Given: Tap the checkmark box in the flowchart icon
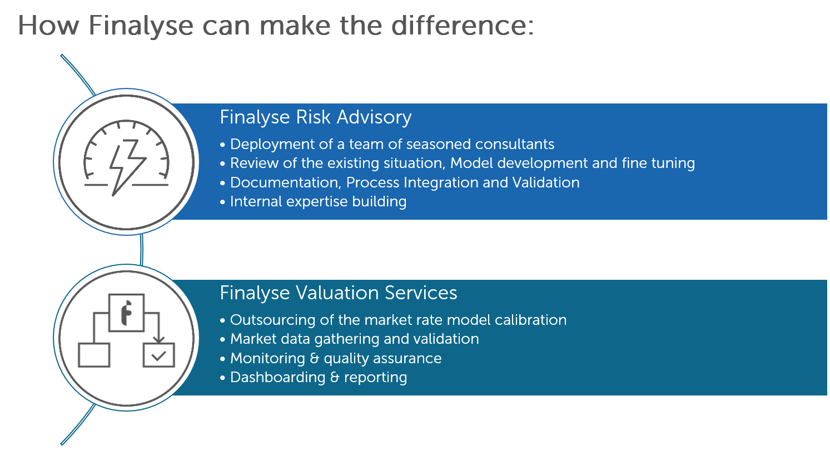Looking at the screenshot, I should click(159, 355).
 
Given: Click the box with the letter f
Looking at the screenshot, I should click(126, 313).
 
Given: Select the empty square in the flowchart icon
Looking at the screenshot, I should click(94, 355).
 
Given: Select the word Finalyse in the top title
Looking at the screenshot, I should click(141, 26).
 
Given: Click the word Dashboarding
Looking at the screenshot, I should click(277, 377).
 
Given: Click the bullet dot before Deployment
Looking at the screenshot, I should click(223, 145).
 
